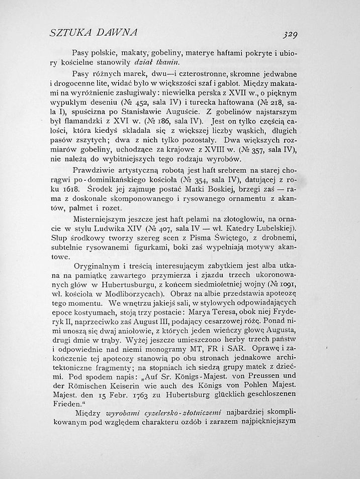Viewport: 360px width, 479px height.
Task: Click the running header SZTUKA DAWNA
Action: tap(94, 33)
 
